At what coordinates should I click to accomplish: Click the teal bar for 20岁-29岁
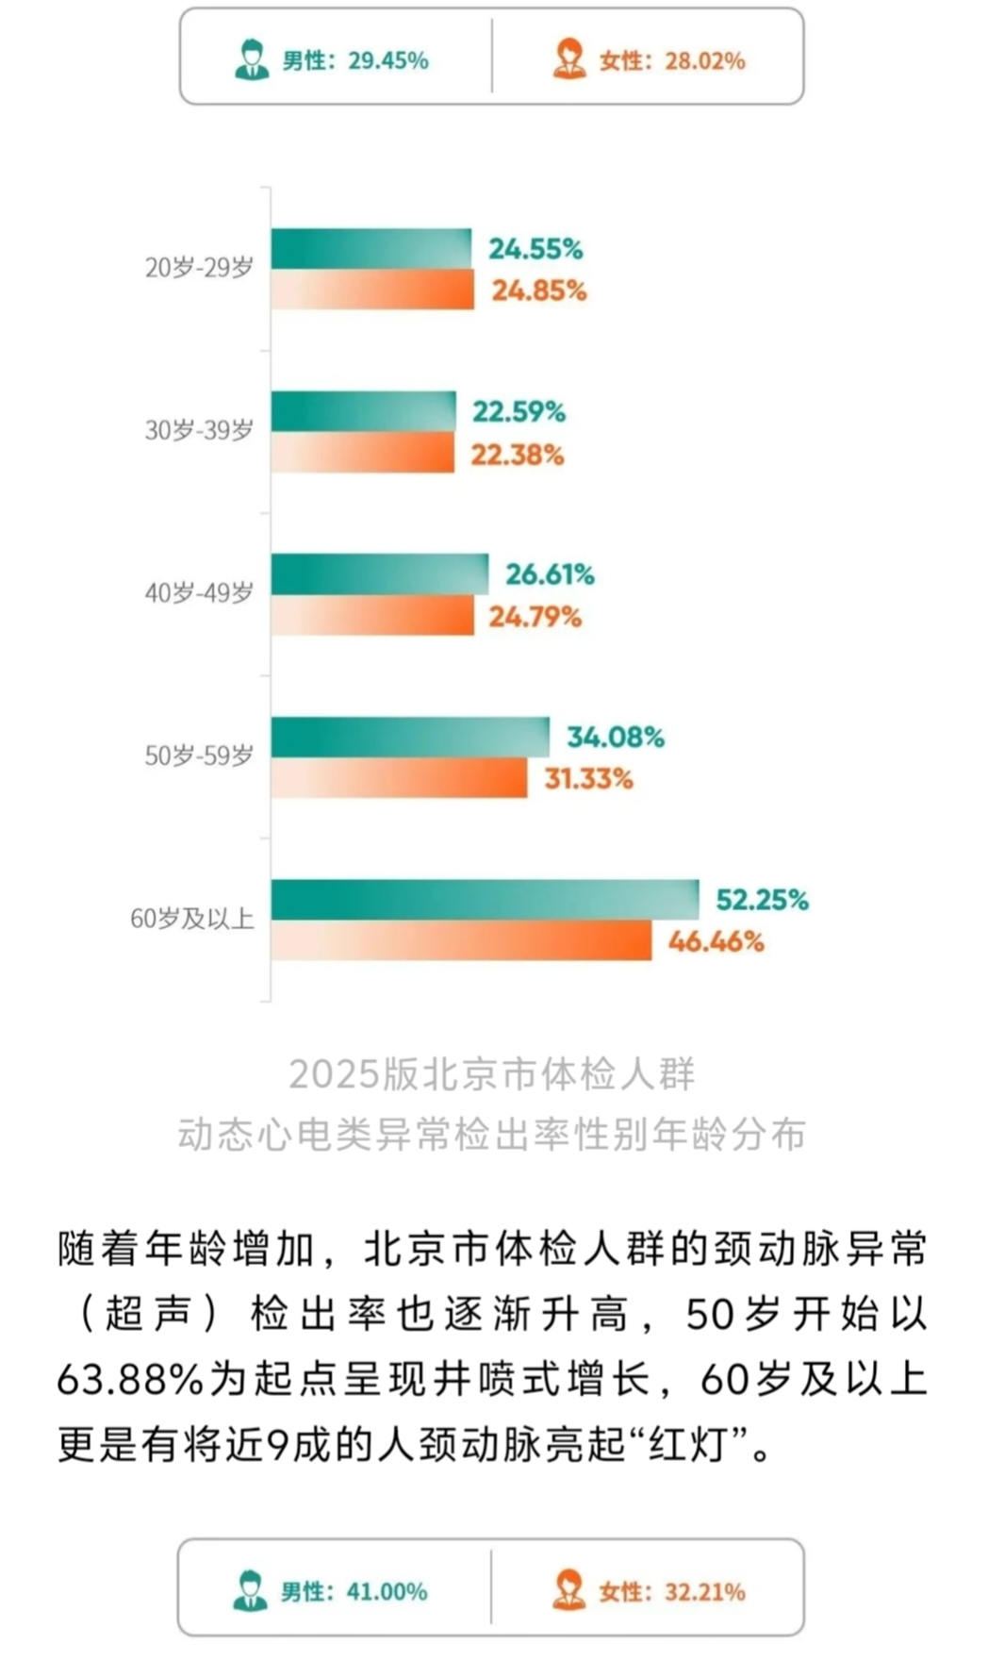tap(371, 249)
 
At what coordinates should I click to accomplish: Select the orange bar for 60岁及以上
tap(461, 940)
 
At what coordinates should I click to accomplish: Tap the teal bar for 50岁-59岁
tap(410, 737)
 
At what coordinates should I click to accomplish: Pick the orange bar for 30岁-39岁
tap(363, 453)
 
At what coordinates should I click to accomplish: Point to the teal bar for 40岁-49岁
tap(380, 573)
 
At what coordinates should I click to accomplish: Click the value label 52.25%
tap(762, 900)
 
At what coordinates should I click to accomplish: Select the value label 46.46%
tap(716, 941)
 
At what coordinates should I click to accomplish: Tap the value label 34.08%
tap(615, 737)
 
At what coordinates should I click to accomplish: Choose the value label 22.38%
tap(517, 455)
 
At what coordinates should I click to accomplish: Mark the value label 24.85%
tap(538, 290)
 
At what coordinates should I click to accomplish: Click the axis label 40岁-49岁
tap(199, 593)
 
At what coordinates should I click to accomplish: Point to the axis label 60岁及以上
tap(192, 919)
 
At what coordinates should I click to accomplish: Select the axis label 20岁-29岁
tap(199, 268)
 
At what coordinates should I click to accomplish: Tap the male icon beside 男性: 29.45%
tap(252, 59)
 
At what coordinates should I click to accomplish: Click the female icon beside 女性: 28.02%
tap(569, 59)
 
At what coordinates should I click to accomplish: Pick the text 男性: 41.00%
tap(354, 1592)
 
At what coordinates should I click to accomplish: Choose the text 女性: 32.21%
tap(671, 1592)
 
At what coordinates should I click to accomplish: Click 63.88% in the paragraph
tap(130, 1380)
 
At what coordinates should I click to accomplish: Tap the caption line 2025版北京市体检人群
tap(492, 1074)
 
